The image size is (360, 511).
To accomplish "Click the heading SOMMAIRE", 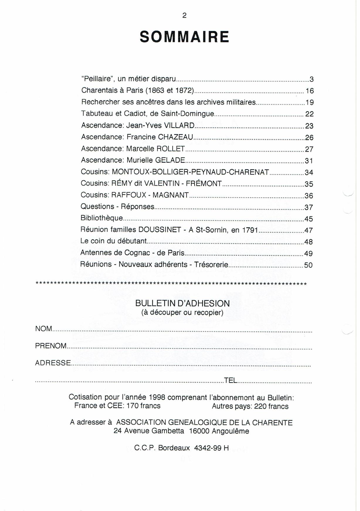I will (x=184, y=37).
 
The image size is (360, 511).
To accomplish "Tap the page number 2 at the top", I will (x=184, y=16).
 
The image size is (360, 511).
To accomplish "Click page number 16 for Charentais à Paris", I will (x=310, y=91).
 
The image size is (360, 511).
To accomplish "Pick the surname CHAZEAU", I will (x=175, y=137).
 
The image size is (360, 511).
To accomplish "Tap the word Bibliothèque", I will (x=102, y=218).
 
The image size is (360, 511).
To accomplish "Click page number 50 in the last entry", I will (x=308, y=265).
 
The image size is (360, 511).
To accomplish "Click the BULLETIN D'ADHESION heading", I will (x=182, y=303).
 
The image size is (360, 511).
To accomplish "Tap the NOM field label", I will (x=43, y=329).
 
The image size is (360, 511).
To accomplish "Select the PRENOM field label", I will (x=51, y=346).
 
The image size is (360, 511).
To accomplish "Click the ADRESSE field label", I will (x=53, y=363).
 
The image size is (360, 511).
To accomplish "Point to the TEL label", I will (x=230, y=380).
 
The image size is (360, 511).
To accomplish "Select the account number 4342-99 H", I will (x=211, y=448).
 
